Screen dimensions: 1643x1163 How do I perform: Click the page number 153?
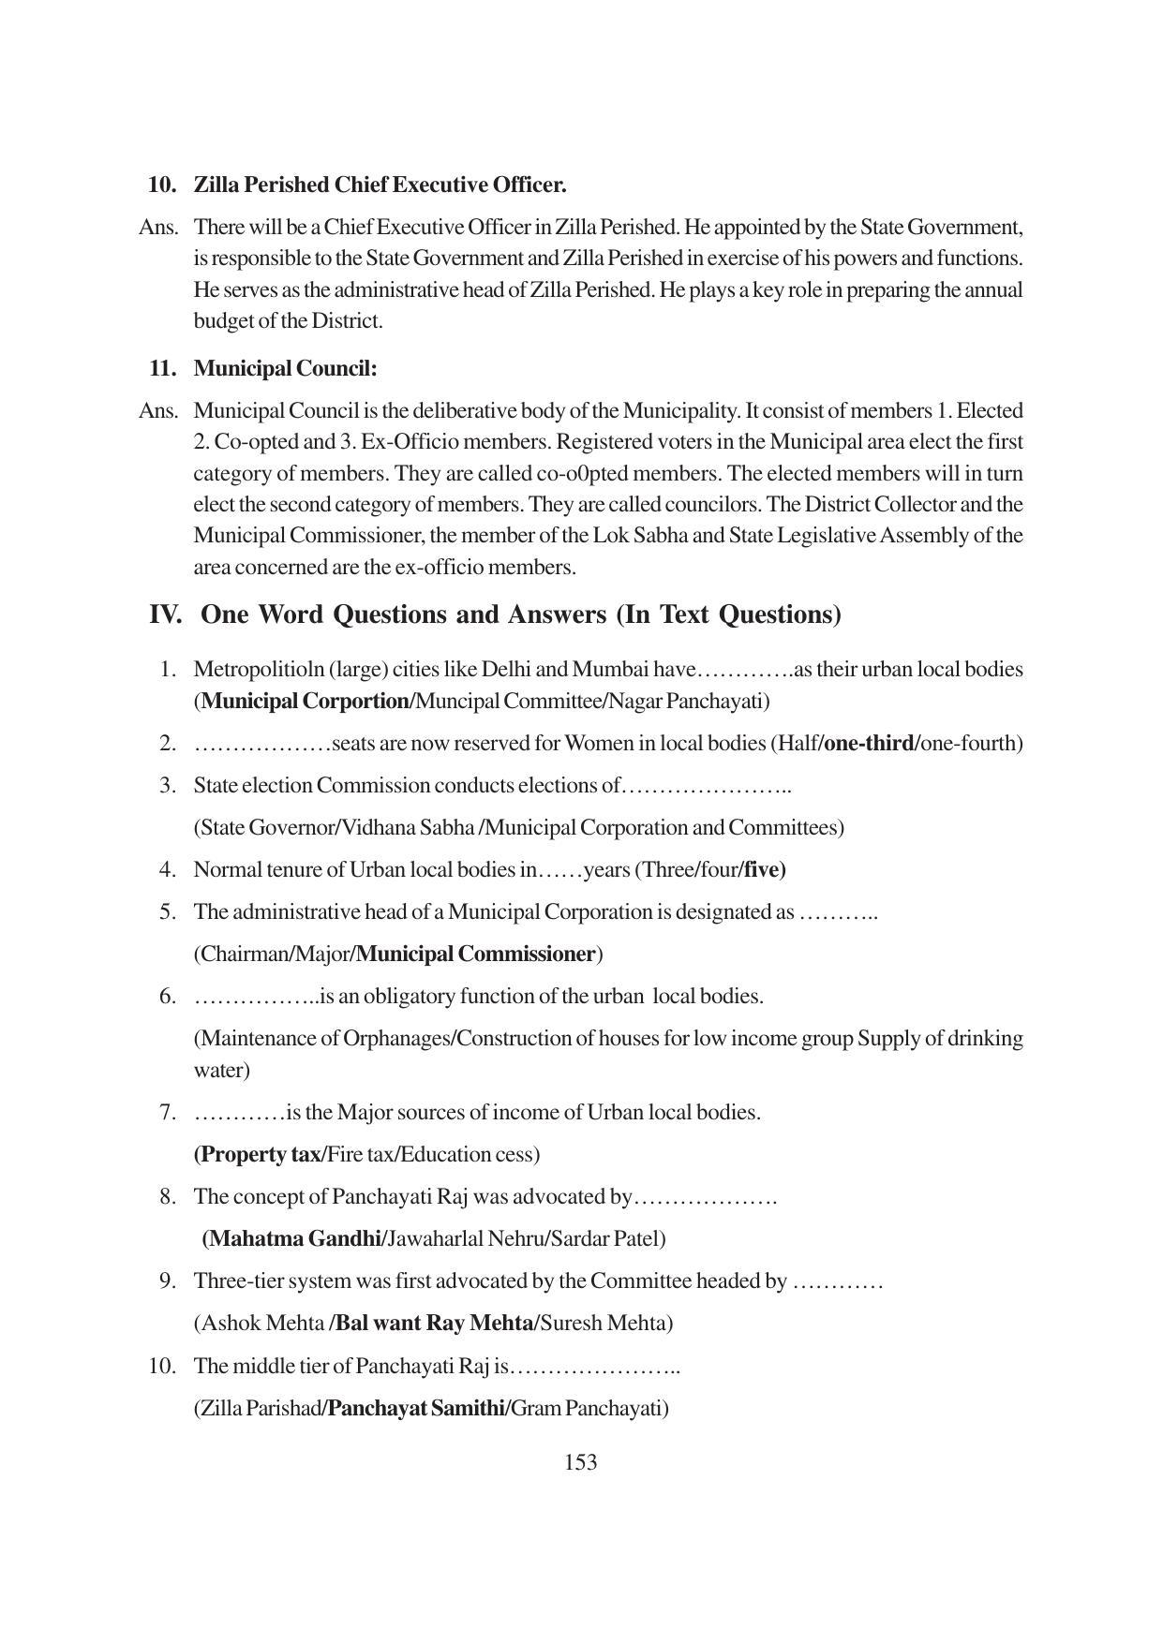pos(581,1462)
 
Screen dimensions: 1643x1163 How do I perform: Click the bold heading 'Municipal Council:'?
pos(285,368)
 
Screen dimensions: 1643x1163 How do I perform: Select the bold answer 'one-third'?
pos(870,743)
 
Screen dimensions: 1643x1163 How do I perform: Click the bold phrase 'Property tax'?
pos(260,1154)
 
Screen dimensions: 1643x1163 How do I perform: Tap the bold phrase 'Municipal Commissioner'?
pos(476,954)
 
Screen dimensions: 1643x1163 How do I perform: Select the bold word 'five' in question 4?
pos(765,869)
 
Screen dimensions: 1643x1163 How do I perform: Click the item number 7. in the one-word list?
pos(168,1112)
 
